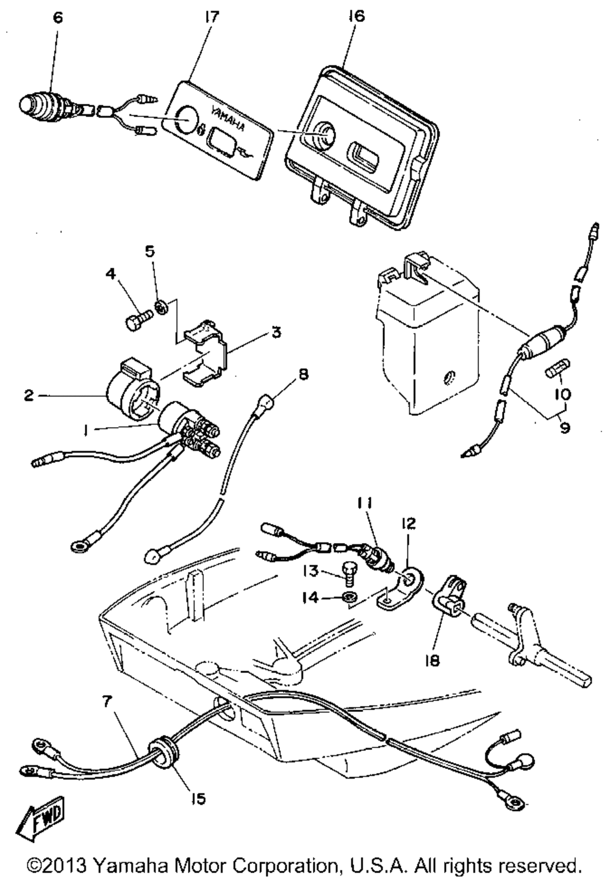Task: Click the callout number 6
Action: tap(58, 17)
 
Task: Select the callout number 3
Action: tap(276, 333)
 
